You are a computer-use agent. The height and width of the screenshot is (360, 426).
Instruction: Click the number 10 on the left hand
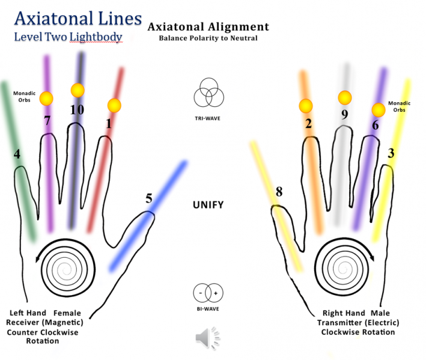76,110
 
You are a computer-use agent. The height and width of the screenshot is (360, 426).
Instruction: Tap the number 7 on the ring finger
47,121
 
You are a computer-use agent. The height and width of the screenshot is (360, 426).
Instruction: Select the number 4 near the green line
17,154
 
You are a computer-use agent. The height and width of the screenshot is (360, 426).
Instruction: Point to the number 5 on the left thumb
148,198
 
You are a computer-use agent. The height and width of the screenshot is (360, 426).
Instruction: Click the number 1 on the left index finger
109,124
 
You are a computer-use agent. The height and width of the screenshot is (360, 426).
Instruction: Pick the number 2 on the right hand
308,124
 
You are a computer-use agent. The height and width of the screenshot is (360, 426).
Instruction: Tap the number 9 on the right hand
344,115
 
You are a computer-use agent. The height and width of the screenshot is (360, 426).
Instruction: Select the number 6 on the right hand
375,125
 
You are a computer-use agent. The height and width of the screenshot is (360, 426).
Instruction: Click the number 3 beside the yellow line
391,153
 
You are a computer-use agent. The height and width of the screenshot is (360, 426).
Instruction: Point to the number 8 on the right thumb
278,193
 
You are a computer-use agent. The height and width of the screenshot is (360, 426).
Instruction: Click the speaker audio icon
205,339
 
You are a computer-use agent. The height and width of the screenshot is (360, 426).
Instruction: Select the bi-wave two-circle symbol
209,293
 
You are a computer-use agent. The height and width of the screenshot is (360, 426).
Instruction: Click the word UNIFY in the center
208,205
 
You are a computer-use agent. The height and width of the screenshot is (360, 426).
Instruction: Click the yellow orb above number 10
78,91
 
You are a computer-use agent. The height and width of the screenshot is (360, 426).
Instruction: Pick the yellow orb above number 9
344,97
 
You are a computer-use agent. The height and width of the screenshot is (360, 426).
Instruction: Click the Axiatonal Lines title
78,18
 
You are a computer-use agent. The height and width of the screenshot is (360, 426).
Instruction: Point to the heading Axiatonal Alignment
208,27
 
